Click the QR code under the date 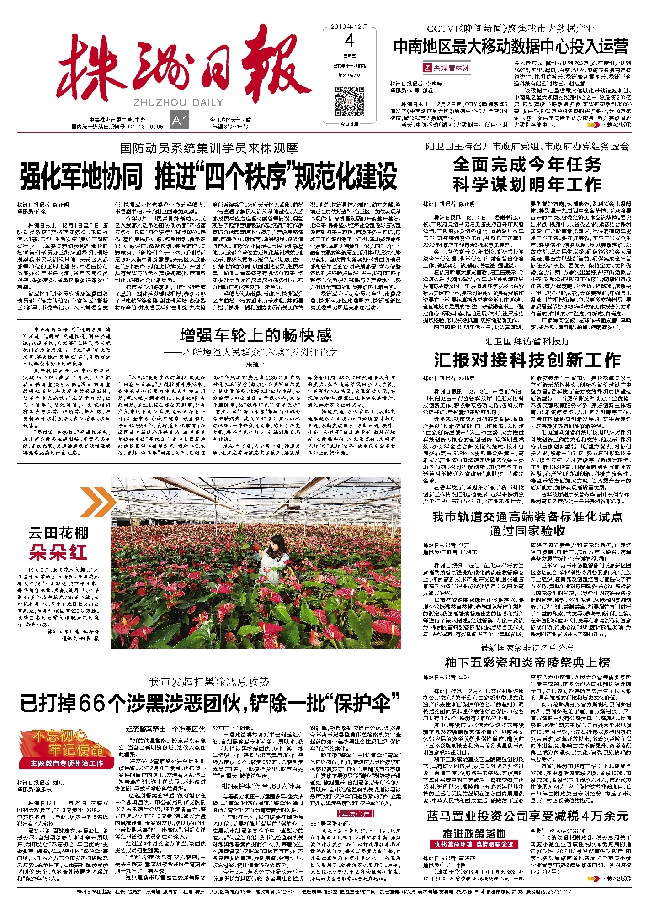350,101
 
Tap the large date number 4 350,41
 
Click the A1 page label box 180,121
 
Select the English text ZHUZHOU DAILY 178,102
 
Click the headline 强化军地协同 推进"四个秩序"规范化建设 208,177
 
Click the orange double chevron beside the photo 97,501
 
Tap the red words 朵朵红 58,553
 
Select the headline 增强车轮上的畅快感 255,336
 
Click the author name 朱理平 255,364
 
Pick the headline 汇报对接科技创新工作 527,360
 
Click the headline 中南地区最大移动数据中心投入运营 511,47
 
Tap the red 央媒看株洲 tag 447,68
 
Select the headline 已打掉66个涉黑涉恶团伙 210,703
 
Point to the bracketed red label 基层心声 355,814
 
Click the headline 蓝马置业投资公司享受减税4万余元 527,816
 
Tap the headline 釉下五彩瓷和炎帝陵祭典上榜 527,662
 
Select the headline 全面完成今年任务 527,164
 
